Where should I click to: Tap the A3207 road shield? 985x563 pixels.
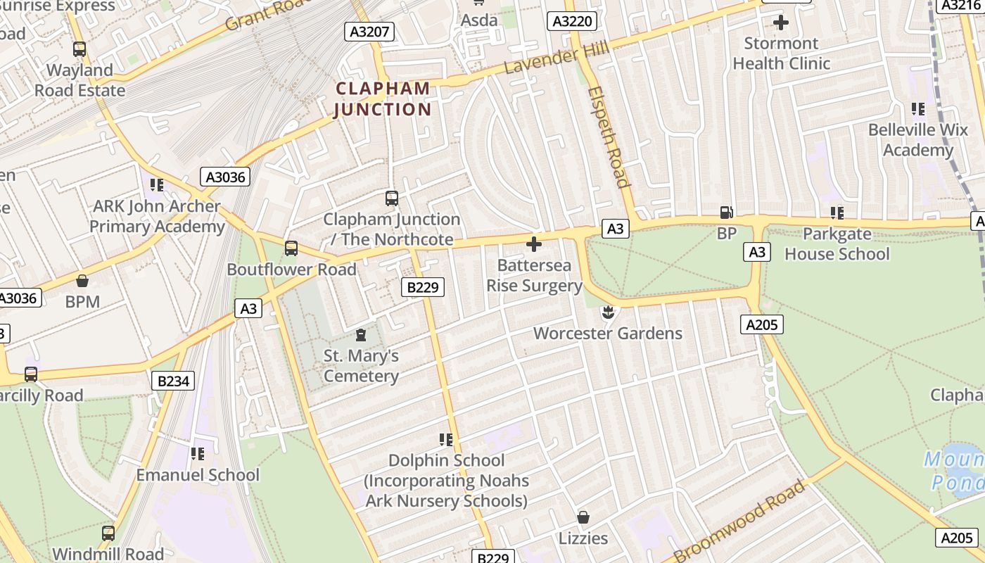coord(369,31)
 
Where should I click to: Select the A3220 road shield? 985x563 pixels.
coord(572,22)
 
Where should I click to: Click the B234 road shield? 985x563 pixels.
coord(172,381)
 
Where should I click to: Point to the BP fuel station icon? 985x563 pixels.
coord(725,212)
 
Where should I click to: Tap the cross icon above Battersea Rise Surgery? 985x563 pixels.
coord(534,244)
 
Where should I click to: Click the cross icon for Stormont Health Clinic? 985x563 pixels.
coord(780,23)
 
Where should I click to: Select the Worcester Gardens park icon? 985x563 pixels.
coord(608,311)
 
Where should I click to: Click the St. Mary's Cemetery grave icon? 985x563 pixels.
coord(361,334)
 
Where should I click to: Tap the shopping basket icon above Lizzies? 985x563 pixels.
coord(583,518)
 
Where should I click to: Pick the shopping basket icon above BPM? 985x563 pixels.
coord(82,281)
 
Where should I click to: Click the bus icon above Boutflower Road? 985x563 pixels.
coord(291,248)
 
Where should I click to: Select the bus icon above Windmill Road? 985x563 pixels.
coord(108,533)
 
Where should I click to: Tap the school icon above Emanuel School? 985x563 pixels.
coord(198,454)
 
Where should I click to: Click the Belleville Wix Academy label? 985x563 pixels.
coord(917,140)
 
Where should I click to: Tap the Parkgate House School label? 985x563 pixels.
coord(837,243)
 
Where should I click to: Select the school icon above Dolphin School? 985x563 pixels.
coord(446,440)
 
